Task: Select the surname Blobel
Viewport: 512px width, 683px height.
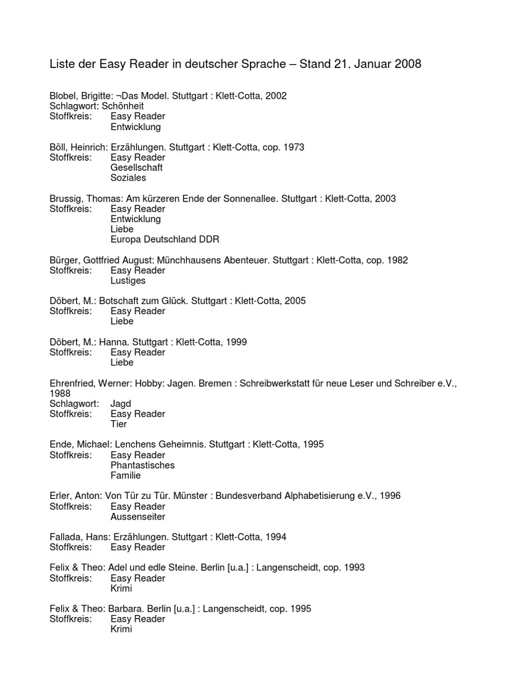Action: click(x=65, y=96)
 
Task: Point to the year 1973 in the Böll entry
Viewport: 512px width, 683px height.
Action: click(x=293, y=147)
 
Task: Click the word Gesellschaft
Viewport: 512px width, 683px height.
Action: click(x=137, y=168)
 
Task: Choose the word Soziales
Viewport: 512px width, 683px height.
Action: click(x=129, y=178)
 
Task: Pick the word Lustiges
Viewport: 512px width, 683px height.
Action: click(x=128, y=281)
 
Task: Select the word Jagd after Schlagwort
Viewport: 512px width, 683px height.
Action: click(x=121, y=404)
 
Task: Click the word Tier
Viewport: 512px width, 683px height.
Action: click(x=119, y=424)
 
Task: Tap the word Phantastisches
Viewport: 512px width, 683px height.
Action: click(x=143, y=465)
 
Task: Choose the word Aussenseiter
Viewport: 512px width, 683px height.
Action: click(x=138, y=516)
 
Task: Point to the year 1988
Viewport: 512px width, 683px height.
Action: click(x=60, y=394)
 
